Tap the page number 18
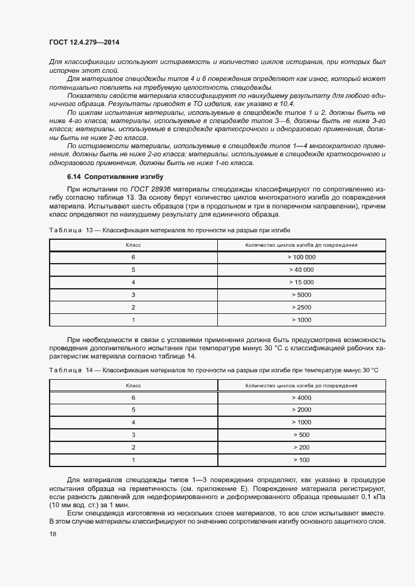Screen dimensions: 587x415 click(52, 534)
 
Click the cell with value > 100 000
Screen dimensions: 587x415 click(301, 257)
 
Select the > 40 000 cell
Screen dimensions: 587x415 click(301, 270)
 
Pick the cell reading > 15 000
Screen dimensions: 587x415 click(301, 283)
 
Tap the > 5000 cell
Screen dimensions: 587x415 click(301, 294)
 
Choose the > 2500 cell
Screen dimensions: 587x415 click(301, 307)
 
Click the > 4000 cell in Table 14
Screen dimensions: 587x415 click(301, 398)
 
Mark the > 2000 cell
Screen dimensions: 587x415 click(301, 410)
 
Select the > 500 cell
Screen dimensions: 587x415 click(301, 434)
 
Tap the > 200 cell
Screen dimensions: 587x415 click(301, 447)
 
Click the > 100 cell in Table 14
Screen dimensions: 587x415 click(301, 460)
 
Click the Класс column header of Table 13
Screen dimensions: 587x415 click(133, 245)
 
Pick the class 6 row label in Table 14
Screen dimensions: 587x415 click(133, 398)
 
